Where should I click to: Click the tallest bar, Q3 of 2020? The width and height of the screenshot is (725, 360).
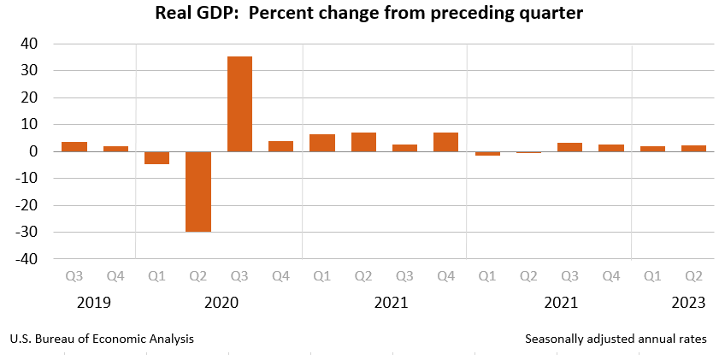pyautogui.click(x=239, y=103)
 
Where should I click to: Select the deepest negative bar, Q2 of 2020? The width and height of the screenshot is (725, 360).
pyautogui.click(x=198, y=192)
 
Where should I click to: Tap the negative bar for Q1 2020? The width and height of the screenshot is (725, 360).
pyautogui.click(x=156, y=157)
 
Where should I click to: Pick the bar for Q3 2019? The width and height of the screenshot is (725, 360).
pyautogui.click(x=74, y=146)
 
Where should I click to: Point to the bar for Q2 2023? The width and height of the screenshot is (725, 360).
pyautogui.click(x=693, y=148)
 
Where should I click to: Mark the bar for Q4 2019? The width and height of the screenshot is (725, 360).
pyautogui.click(x=115, y=149)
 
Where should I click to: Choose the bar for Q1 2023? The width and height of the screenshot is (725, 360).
pyautogui.click(x=652, y=149)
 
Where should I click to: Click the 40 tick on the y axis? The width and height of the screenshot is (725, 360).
pyautogui.click(x=28, y=44)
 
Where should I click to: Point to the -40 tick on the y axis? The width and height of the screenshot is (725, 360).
pyautogui.click(x=26, y=259)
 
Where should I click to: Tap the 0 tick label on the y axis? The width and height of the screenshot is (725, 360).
pyautogui.click(x=32, y=151)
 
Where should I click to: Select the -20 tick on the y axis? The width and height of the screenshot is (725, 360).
pyautogui.click(x=26, y=205)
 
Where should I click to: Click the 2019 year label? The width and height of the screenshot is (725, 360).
pyautogui.click(x=94, y=303)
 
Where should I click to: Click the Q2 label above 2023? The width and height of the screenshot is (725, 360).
pyautogui.click(x=693, y=276)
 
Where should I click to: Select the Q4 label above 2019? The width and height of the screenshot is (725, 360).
pyautogui.click(x=115, y=276)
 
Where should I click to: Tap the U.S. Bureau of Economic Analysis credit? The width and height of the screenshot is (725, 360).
pyautogui.click(x=102, y=339)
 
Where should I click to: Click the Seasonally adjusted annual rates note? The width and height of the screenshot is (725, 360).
pyautogui.click(x=616, y=339)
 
